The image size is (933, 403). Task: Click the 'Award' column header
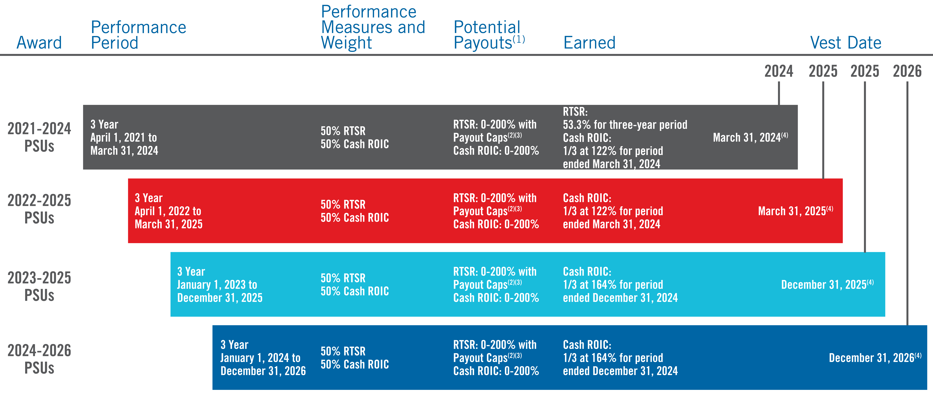point(39,43)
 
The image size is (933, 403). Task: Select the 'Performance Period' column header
point(138,35)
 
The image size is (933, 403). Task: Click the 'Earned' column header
point(589,43)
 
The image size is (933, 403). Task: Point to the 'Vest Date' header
point(845,43)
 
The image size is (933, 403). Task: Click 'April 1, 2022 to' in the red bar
point(168,211)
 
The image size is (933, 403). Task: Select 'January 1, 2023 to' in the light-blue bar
point(217,285)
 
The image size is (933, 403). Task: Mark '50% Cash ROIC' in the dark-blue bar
point(355,364)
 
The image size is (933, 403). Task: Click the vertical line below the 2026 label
point(907,203)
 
